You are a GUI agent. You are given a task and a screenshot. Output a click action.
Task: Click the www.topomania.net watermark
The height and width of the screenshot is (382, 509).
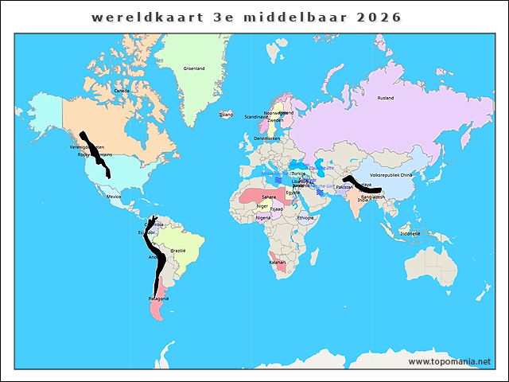pyautogui.click(x=450, y=361)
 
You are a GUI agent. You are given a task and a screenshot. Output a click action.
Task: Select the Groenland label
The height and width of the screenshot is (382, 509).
pyautogui.click(x=194, y=68)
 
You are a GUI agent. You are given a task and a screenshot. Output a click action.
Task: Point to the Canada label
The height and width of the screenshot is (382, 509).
pyautogui.click(x=122, y=91)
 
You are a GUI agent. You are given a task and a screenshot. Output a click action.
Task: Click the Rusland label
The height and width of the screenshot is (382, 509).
pyautogui.click(x=386, y=98)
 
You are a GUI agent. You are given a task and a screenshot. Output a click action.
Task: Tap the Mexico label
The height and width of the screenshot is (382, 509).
pyautogui.click(x=114, y=196)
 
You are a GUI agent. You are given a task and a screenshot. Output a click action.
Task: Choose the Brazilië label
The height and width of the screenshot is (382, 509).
pyautogui.click(x=178, y=251)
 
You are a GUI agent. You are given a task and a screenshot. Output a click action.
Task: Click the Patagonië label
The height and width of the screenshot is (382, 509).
pyautogui.click(x=158, y=298)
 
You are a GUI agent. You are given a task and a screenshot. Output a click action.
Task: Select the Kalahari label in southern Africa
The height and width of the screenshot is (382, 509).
pyautogui.click(x=278, y=263)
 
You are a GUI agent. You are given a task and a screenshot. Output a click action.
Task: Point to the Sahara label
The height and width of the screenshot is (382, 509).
pyautogui.click(x=270, y=196)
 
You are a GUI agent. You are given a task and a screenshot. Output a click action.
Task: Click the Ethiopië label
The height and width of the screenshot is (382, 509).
pyautogui.click(x=306, y=217)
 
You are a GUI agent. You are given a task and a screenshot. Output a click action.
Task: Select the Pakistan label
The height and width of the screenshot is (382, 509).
pyautogui.click(x=344, y=186)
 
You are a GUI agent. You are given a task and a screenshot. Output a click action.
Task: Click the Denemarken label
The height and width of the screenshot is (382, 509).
pyautogui.click(x=266, y=138)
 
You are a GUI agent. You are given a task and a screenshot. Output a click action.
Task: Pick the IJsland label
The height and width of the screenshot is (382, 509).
pyautogui.click(x=227, y=115)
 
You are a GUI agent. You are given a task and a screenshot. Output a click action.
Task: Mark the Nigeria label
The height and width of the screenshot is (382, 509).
pyautogui.click(x=263, y=217)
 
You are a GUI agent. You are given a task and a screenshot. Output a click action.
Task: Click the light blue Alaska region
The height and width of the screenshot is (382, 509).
pyautogui.click(x=48, y=111)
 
